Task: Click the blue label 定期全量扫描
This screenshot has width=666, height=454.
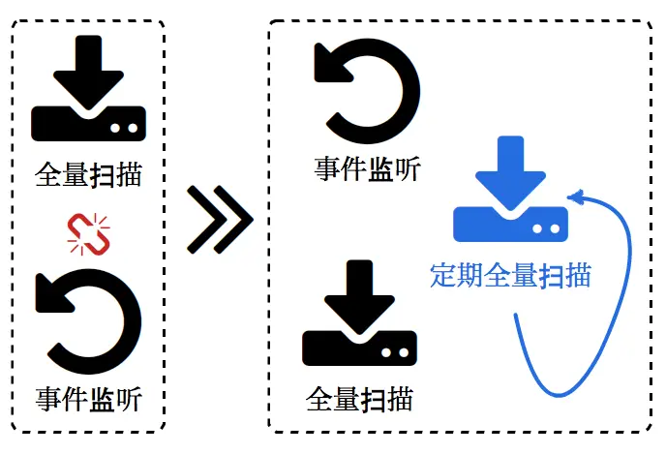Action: [510, 275]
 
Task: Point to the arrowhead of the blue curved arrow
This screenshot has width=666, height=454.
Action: [575, 199]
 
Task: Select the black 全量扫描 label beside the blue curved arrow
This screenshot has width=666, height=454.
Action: [359, 399]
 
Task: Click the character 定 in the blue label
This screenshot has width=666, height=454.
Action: [443, 275]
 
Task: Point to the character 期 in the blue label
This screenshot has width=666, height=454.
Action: [469, 275]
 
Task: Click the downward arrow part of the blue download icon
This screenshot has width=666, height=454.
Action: [511, 169]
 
